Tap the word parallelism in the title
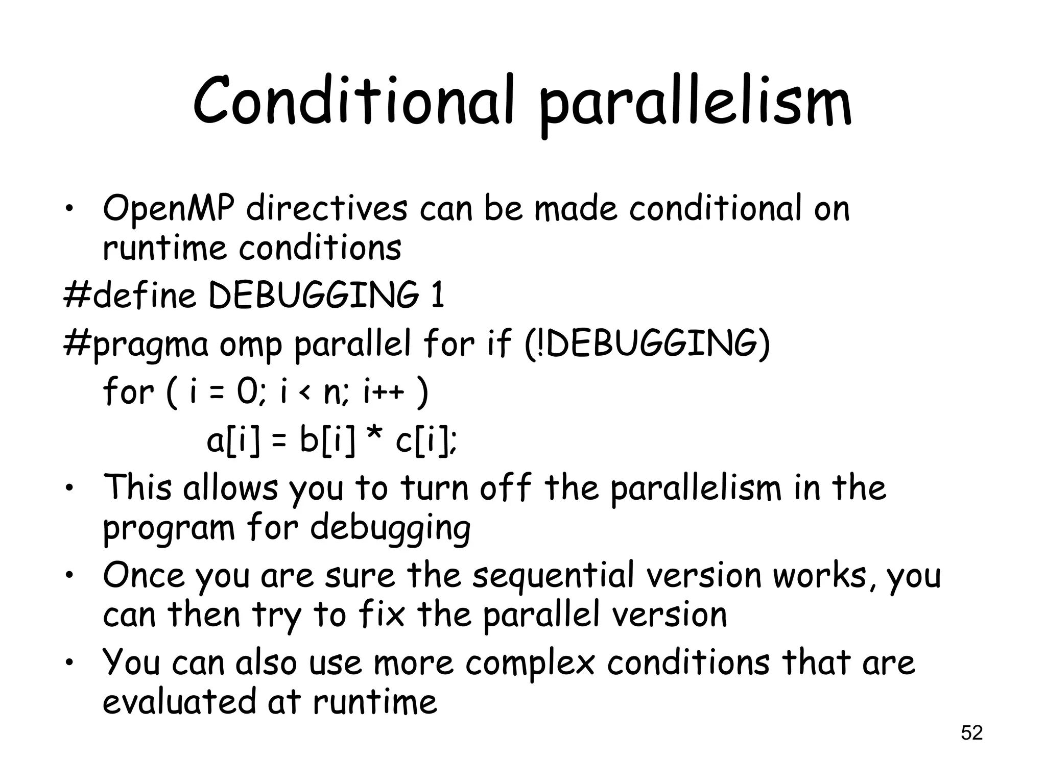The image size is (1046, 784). pos(696,105)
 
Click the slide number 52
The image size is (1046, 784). pos(971,733)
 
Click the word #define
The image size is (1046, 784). pos(130,296)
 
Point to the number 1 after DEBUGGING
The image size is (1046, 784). pos(437,296)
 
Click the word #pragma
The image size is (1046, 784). pos(136,345)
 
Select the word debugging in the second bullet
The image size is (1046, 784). pos(390,529)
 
